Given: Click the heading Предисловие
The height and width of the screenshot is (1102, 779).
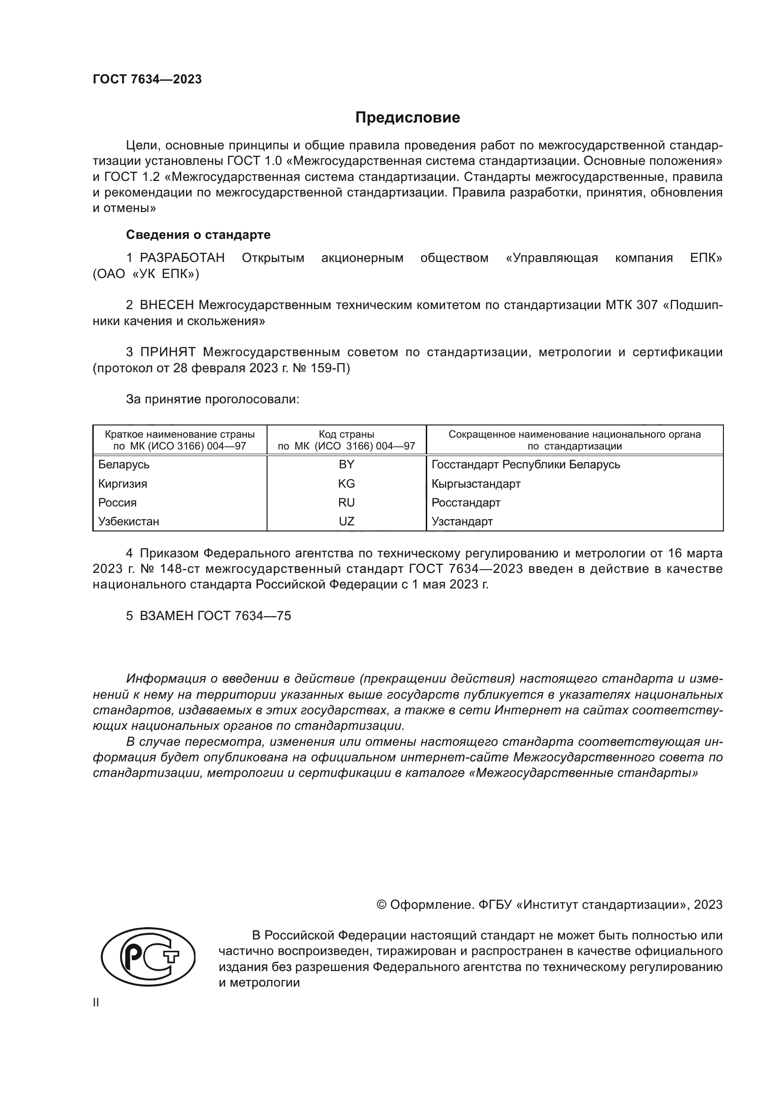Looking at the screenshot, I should [x=407, y=118].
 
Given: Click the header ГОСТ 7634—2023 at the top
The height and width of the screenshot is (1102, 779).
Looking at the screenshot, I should [x=147, y=79].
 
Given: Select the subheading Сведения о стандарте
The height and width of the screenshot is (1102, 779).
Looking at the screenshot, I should [x=198, y=235].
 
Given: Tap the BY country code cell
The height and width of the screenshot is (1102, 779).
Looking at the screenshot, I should [x=346, y=464].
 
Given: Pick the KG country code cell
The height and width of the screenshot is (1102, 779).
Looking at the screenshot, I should [x=346, y=483].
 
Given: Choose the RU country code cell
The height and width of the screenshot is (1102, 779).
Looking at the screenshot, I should [x=346, y=502].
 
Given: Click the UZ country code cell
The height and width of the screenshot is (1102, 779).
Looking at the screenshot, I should [x=346, y=521].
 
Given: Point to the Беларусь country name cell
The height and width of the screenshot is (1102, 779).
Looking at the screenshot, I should [x=124, y=465].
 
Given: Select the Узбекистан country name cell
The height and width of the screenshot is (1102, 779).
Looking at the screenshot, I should [x=129, y=521].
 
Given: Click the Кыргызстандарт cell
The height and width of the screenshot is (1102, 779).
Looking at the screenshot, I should [x=476, y=483].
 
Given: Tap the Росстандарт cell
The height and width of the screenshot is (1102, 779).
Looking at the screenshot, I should [x=466, y=503].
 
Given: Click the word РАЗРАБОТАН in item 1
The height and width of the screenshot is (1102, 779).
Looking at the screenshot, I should [x=182, y=258].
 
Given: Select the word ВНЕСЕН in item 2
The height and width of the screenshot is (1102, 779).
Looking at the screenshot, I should [x=167, y=305].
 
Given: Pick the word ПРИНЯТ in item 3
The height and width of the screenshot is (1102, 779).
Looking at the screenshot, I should [x=168, y=352].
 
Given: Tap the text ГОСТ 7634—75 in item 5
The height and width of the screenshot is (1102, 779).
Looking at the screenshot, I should [x=244, y=616].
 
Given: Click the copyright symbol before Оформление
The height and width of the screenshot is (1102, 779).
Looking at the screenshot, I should [x=381, y=905].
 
